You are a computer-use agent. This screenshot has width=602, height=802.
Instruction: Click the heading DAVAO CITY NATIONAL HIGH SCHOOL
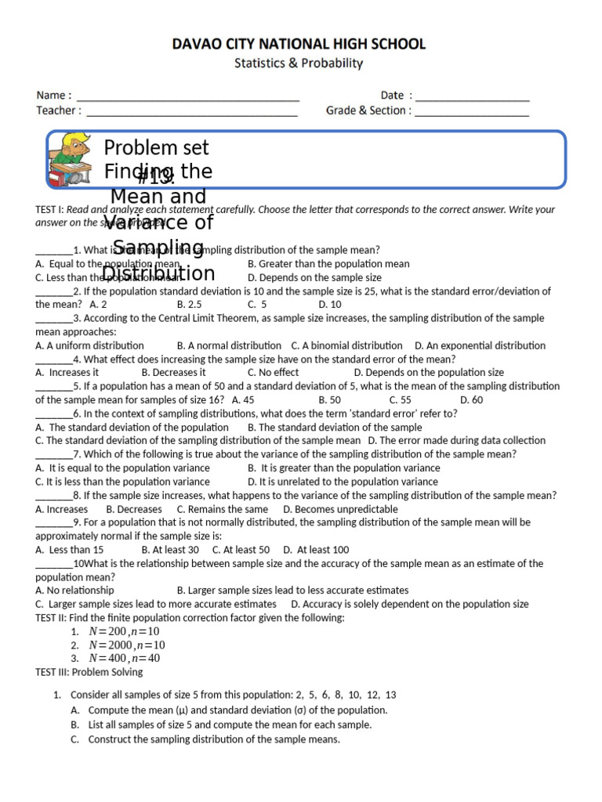299,45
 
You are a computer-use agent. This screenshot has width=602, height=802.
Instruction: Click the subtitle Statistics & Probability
299,63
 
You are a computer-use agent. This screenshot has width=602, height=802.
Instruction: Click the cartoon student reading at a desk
70,160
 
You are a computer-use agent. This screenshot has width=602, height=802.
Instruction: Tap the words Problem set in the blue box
157,148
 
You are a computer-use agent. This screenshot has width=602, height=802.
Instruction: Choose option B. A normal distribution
229,345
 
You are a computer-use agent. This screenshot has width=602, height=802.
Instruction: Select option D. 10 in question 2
330,305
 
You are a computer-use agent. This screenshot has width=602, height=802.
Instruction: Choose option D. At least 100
317,550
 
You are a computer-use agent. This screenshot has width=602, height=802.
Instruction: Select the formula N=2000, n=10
127,645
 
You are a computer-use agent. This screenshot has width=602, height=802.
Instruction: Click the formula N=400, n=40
125,659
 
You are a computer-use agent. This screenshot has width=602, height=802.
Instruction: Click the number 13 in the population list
391,695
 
